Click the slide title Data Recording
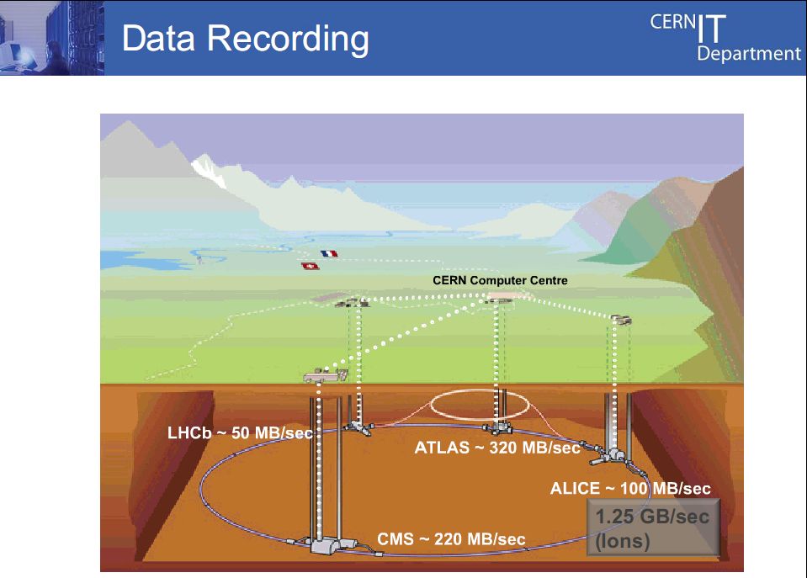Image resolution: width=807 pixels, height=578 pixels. coord(246,40)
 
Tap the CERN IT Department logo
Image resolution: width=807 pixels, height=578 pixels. coord(725,37)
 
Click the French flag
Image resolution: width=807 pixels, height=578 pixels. coord(329,253)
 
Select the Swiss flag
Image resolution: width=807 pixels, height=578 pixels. coord(311,266)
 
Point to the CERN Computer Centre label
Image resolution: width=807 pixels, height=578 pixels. coord(500,280)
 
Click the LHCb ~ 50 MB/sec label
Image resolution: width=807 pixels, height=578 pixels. coord(241,432)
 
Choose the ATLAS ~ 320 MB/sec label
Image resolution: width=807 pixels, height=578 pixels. coord(497,448)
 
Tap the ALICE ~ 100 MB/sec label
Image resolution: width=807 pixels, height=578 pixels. coord(630,489)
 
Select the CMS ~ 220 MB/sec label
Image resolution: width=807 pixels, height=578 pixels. coord(451,539)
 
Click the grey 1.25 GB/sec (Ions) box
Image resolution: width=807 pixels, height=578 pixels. coord(653,528)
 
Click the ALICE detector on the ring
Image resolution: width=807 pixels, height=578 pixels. coord(610,455)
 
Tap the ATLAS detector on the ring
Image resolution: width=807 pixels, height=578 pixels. coord(497,427)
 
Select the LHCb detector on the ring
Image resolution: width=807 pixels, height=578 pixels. coord(358,427)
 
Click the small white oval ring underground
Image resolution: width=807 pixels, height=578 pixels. coord(480,390)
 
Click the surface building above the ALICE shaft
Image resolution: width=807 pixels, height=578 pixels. coord(621,321)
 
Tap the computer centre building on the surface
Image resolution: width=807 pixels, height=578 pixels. coord(500,298)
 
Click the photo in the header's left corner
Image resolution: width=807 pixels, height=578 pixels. coord(52,38)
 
